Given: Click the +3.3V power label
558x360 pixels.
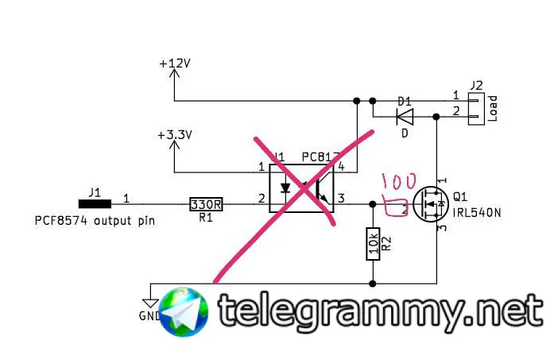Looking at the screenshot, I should pyautogui.click(x=176, y=135).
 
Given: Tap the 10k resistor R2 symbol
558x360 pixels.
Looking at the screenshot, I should pyautogui.click(x=372, y=243).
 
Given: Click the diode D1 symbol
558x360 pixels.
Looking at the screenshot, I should pyautogui.click(x=404, y=116).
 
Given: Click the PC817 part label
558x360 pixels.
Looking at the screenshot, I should pyautogui.click(x=320, y=157).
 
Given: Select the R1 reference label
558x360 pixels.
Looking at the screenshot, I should pyautogui.click(x=205, y=218).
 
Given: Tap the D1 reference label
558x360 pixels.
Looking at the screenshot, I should pyautogui.click(x=404, y=102).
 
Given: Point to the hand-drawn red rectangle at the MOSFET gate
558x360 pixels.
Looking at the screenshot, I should pyautogui.click(x=395, y=207).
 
